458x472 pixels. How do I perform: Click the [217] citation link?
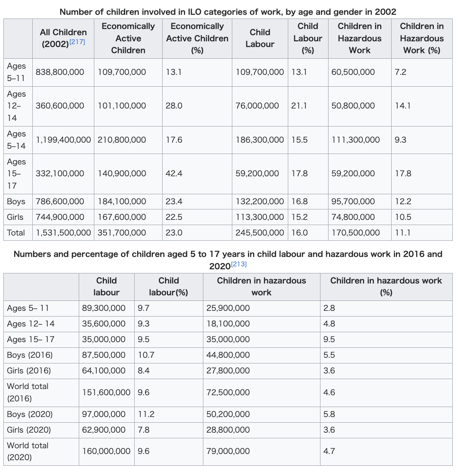[x=77, y=42]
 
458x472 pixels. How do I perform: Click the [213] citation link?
[x=239, y=264]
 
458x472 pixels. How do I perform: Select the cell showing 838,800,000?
[x=60, y=72]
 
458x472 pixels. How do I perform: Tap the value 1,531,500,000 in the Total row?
[x=63, y=233]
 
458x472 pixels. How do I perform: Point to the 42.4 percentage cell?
[x=174, y=173]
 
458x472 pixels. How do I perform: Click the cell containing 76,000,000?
[x=257, y=106]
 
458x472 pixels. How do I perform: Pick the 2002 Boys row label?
[x=16, y=201]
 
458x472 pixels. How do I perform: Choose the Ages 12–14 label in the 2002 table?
[x=16, y=106]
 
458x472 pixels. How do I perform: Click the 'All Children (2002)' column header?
[x=63, y=38]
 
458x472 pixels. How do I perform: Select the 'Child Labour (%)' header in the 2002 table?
[x=308, y=38]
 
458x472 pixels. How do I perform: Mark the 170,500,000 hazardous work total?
[x=356, y=233]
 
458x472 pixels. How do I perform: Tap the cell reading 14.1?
[x=403, y=106]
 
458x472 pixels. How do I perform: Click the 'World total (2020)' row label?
[x=27, y=451]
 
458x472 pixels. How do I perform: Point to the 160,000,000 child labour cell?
[x=106, y=451]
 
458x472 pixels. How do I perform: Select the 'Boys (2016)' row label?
[x=30, y=355]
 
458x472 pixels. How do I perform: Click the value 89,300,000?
[x=103, y=308]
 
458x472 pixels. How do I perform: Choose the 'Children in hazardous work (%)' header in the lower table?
[x=386, y=286]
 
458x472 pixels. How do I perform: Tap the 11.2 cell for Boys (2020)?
[x=146, y=414]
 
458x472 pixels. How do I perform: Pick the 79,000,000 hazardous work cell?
[x=228, y=451]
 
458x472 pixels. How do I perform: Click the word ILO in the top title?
[x=195, y=12]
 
